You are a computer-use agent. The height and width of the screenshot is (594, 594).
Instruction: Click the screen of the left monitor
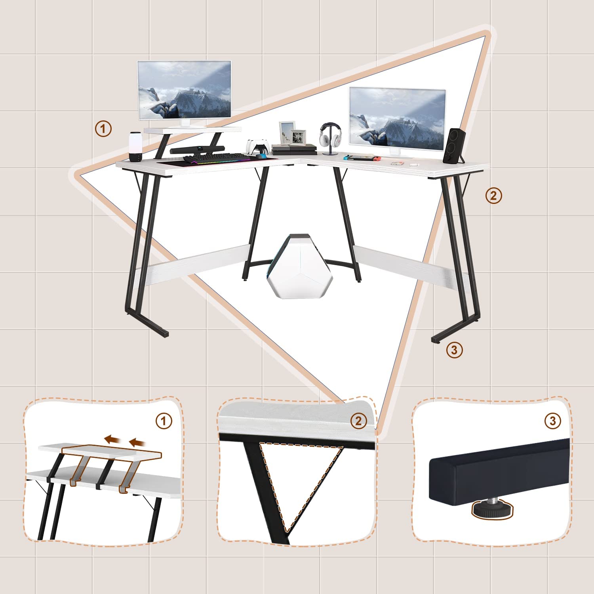pyautogui.click(x=184, y=89)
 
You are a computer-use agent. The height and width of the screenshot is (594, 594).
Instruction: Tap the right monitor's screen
pyautogui.click(x=397, y=118)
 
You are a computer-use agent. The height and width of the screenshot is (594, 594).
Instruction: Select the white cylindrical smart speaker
pyautogui.click(x=135, y=147)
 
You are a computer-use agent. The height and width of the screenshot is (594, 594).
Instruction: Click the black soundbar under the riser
pyautogui.click(x=197, y=150)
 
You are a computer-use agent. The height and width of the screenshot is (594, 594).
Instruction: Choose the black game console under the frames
pyautogui.click(x=294, y=150)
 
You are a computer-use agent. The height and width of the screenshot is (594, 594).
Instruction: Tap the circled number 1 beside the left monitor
pyautogui.click(x=103, y=129)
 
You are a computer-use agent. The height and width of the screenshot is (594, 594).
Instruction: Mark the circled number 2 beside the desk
pyautogui.click(x=493, y=196)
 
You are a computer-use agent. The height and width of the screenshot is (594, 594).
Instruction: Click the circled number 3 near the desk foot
pyautogui.click(x=454, y=350)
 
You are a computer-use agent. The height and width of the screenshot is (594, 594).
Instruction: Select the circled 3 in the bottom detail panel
pyautogui.click(x=553, y=421)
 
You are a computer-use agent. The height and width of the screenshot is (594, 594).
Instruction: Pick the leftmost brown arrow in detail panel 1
pyautogui.click(x=112, y=439)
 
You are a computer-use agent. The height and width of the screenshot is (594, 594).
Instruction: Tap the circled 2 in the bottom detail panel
pyautogui.click(x=358, y=421)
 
